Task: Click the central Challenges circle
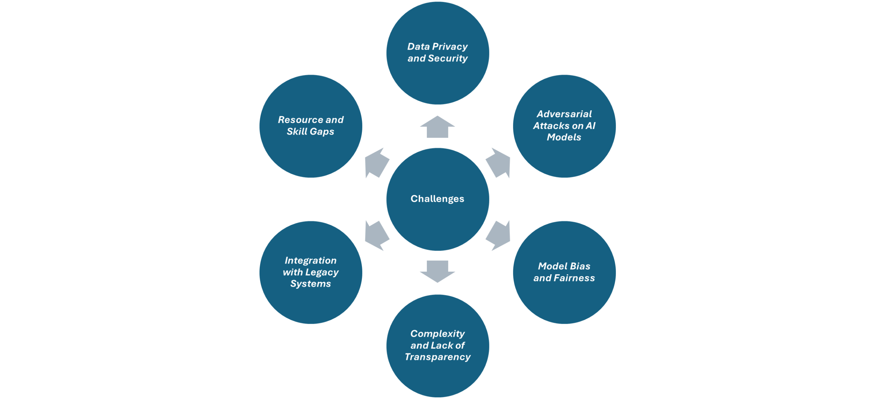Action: click(437, 199)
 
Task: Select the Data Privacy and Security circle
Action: click(437, 53)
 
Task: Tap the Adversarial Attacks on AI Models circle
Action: click(564, 126)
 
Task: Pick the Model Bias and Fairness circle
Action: click(564, 272)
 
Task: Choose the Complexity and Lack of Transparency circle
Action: click(437, 345)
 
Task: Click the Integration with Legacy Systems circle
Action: click(311, 272)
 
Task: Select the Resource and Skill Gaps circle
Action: click(311, 126)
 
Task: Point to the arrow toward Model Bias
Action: click(499, 235)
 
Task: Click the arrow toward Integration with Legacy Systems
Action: click(376, 235)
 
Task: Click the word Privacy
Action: click(450, 46)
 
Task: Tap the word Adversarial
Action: click(564, 114)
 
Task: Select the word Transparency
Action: click(437, 357)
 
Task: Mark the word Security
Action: click(448, 58)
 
